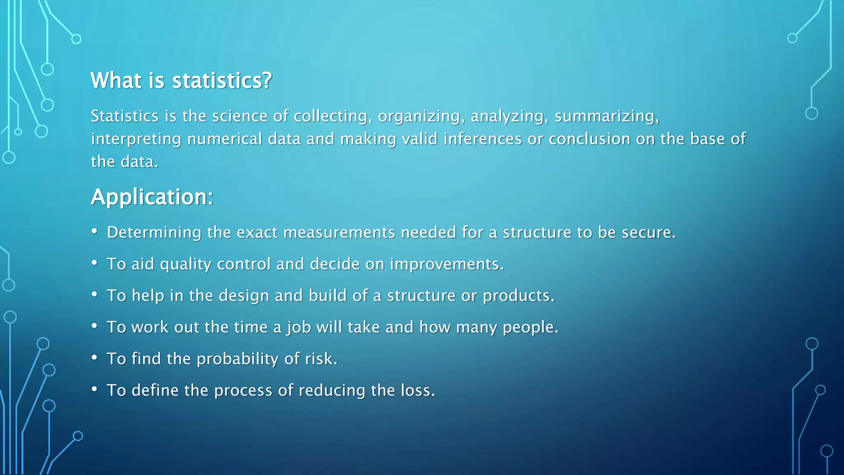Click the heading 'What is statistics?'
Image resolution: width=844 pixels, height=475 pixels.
[181, 80]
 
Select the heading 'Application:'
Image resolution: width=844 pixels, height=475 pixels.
[152, 197]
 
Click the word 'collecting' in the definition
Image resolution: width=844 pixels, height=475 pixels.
[330, 116]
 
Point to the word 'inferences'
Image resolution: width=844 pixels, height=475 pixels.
[483, 139]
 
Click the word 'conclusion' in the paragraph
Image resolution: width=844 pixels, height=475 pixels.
[589, 139]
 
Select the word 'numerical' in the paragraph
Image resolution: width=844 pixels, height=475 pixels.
[225, 139]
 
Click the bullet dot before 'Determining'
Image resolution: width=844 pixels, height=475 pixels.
[95, 231]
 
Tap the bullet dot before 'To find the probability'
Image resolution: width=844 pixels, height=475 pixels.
[95, 357]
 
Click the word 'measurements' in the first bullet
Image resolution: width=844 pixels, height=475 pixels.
[340, 233]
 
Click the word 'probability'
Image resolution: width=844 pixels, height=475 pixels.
[237, 359]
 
